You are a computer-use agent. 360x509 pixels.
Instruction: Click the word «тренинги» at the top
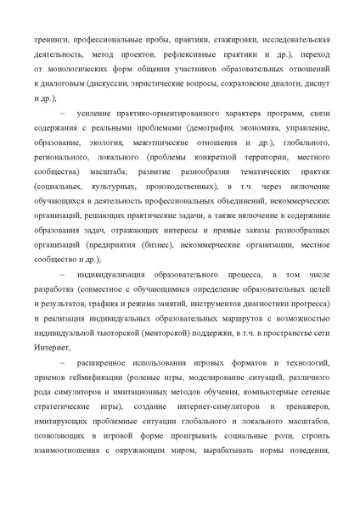pyautogui.click(x=53, y=40)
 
